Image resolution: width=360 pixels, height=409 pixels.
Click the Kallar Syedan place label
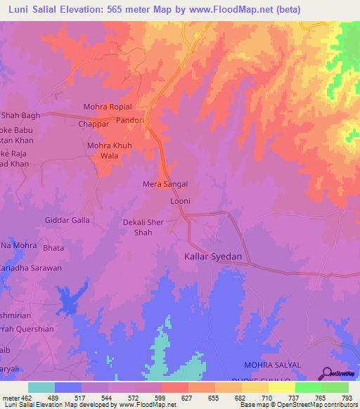click(213, 257)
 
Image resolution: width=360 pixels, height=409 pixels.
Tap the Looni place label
click(181, 201)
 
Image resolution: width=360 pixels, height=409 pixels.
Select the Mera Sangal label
click(165, 184)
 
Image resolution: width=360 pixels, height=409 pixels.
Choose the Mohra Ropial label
click(108, 107)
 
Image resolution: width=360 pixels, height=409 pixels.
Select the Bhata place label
click(52, 248)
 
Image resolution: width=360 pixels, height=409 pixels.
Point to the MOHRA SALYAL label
click(272, 365)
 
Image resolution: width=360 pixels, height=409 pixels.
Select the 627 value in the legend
click(187, 398)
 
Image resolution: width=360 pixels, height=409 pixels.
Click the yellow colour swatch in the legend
click(281, 387)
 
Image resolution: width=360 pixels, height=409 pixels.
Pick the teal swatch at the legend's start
click(41, 387)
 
